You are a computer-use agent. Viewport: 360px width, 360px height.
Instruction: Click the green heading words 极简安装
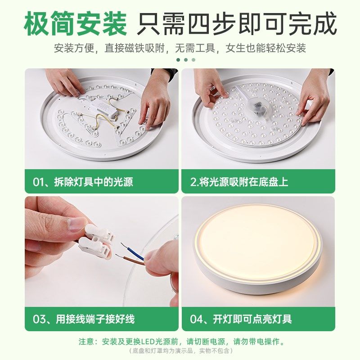(76, 25)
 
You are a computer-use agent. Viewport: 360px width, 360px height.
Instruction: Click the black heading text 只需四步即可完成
(237, 25)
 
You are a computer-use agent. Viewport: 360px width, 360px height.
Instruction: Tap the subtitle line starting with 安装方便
(180, 48)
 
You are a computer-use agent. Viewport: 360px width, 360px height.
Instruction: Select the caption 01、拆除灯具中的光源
(83, 182)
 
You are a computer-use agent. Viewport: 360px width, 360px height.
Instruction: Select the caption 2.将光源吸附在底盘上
(239, 182)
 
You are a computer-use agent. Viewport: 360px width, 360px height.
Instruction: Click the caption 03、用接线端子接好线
(84, 319)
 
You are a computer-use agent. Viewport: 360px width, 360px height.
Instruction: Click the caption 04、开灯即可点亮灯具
(241, 319)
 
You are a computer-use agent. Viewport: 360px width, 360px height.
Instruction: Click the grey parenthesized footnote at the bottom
(180, 351)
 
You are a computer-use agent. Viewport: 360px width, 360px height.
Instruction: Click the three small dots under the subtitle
(186, 59)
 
